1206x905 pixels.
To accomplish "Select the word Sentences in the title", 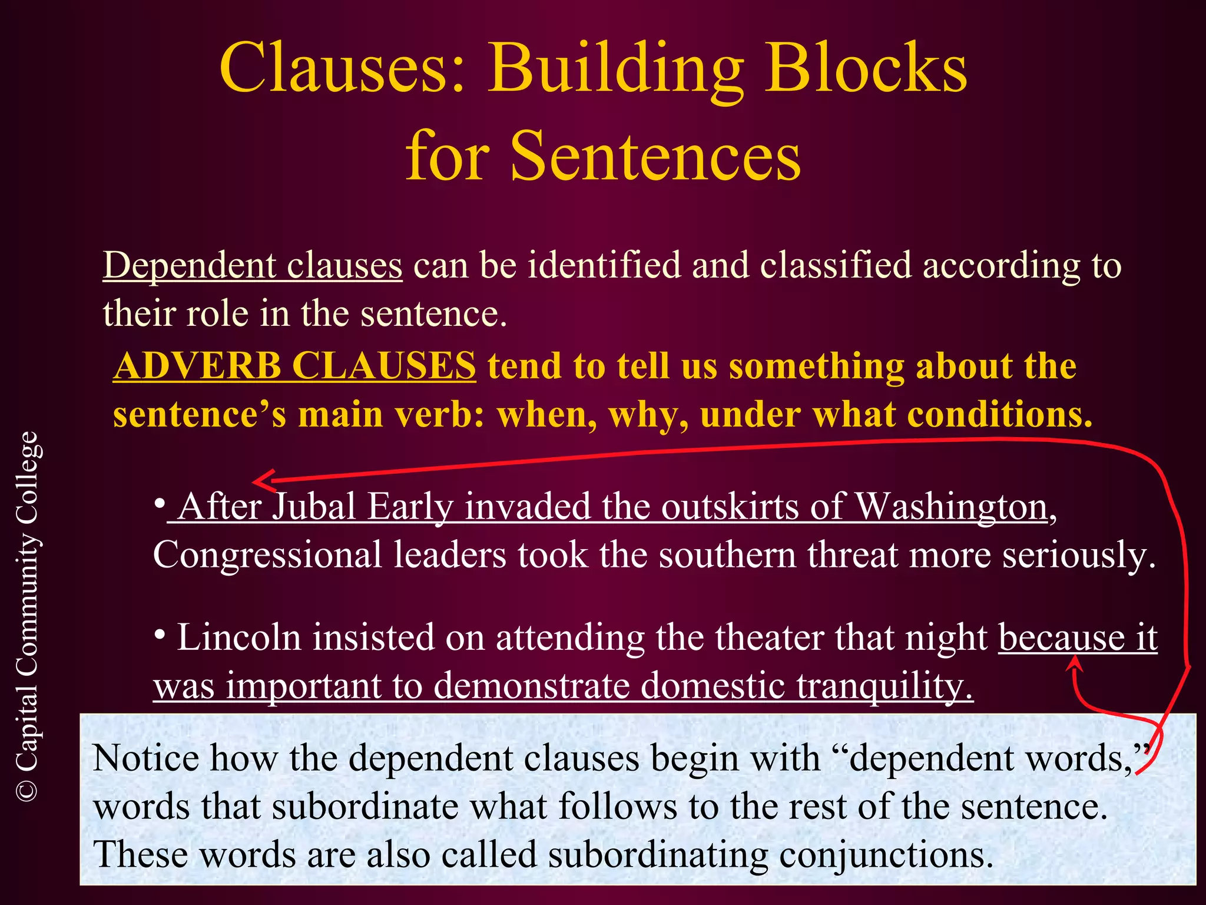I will point(655,156).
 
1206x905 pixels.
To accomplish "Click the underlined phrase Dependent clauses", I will point(253,265).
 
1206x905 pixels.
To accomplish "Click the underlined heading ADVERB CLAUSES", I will point(294,366).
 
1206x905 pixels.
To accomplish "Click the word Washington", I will point(951,507).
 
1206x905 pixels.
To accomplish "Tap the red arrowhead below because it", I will point(1075,664).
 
